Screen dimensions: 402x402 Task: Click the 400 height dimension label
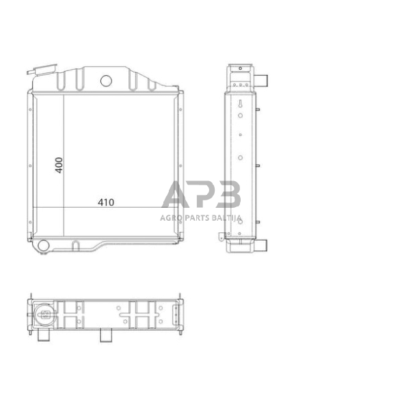[x=59, y=165]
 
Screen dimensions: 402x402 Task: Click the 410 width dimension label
[x=106, y=202]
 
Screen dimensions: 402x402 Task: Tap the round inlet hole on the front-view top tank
[x=106, y=81]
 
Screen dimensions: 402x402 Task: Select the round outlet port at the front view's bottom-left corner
[x=43, y=245]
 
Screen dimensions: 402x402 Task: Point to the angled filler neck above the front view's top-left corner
[x=42, y=69]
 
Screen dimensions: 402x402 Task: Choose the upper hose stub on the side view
[x=261, y=80]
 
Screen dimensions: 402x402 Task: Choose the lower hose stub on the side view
[x=261, y=245]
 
